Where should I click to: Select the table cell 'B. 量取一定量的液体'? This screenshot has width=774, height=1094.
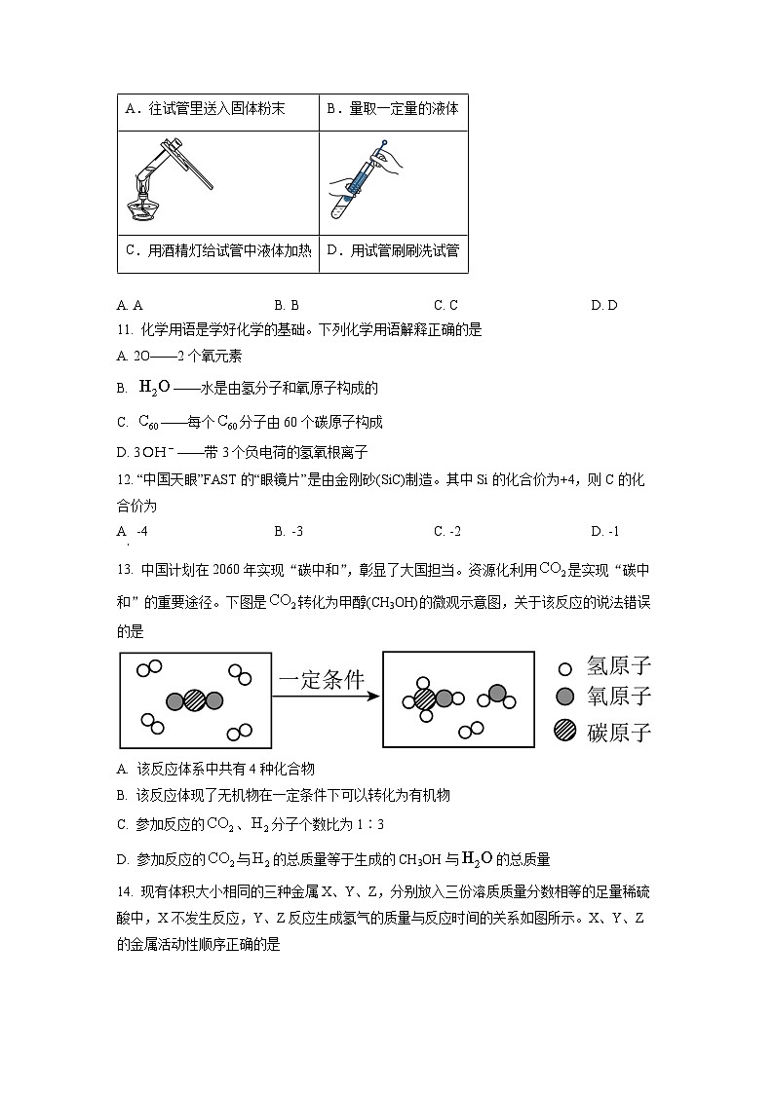392,110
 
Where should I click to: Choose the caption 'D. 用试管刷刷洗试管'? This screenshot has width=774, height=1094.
392,251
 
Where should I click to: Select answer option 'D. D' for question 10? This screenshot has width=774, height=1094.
603,305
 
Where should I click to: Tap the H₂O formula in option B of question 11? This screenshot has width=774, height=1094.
154,388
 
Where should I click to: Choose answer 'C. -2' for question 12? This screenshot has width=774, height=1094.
446,531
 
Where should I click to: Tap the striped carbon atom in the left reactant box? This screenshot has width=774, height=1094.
194,700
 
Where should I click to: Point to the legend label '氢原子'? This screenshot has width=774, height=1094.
618,667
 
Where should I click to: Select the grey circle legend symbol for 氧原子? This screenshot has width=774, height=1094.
563,697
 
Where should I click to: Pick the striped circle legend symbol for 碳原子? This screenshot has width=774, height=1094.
563,730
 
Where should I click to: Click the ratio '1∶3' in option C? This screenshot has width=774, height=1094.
370,825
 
